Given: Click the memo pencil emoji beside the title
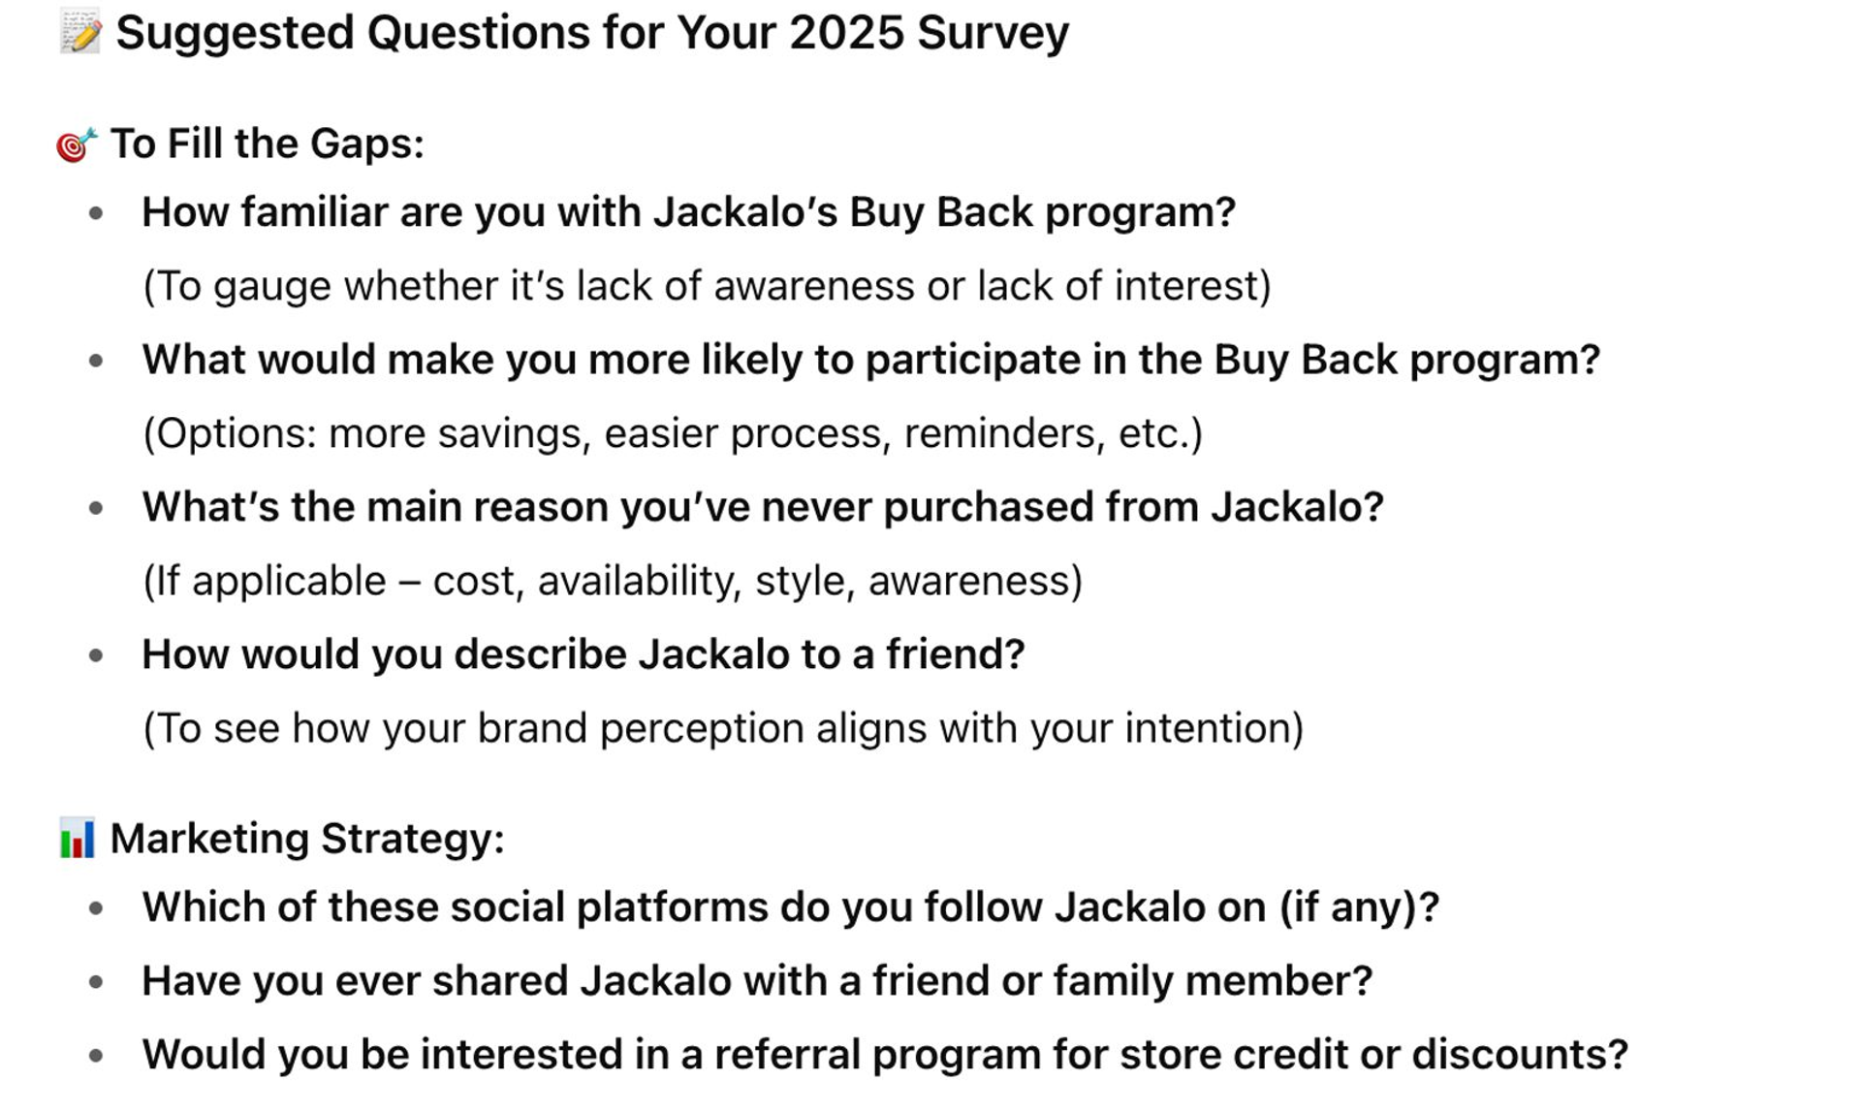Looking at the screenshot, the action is (x=79, y=32).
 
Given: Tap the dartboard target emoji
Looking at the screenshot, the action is (x=77, y=144).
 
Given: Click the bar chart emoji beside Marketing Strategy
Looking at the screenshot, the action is (x=77, y=839).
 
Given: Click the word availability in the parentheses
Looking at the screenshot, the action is (x=641, y=581).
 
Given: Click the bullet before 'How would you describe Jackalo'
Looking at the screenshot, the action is (x=96, y=655).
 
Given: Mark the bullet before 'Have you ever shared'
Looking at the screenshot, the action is (x=96, y=982).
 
